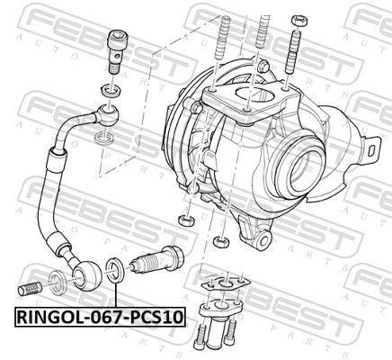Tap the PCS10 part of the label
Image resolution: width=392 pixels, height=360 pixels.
(x=158, y=317)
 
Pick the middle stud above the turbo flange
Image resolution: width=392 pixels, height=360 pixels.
(x=261, y=40)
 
